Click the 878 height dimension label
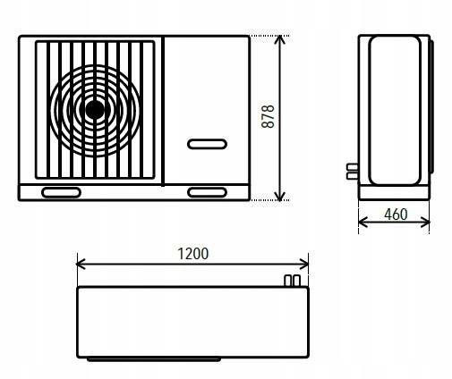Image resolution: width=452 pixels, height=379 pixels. (268, 116)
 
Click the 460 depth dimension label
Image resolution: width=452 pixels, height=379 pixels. (396, 215)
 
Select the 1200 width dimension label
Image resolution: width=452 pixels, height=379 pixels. (193, 254)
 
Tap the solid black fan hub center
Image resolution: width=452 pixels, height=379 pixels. (95, 109)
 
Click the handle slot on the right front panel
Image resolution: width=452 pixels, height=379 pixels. (207, 144)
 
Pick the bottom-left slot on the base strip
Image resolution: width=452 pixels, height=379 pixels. (61, 192)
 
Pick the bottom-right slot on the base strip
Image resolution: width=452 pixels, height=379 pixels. (207, 192)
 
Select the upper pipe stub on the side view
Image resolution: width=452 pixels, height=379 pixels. (353, 166)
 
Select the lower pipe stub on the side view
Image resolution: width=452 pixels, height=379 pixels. (353, 176)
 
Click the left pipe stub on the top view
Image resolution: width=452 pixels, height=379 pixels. (287, 281)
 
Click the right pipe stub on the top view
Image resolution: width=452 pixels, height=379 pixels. (296, 281)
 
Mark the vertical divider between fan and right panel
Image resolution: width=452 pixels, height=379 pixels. (163, 111)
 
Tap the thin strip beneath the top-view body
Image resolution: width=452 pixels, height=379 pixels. (154, 359)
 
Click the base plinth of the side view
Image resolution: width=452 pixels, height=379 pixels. (394, 192)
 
